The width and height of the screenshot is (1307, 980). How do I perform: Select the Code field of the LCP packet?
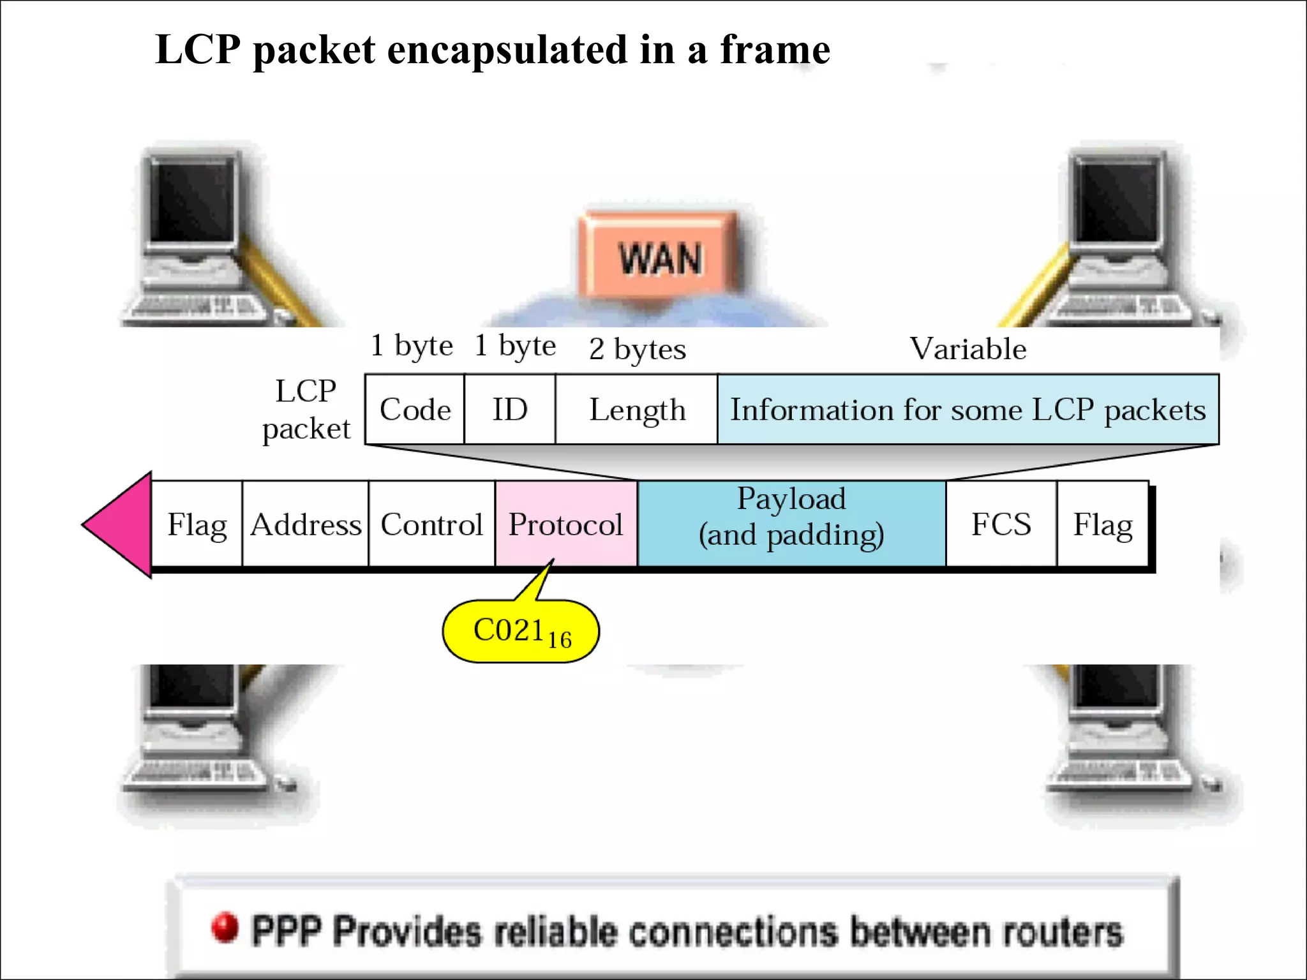415,410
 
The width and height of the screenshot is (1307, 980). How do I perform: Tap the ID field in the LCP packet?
510,410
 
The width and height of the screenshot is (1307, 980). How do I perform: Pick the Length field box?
637,410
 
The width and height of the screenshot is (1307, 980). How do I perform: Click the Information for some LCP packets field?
967,410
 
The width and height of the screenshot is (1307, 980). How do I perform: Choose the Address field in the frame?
306,524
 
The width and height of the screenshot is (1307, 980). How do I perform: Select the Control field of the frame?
431,524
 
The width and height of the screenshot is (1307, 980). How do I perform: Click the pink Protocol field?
566,524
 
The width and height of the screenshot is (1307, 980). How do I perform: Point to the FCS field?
1001,524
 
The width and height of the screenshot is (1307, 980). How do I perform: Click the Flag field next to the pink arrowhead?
197,524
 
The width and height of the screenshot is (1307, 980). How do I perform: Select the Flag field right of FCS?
1102,524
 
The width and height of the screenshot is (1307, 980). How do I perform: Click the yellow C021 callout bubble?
521,632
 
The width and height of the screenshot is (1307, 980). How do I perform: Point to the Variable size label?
967,349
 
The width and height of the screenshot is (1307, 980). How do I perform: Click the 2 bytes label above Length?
637,349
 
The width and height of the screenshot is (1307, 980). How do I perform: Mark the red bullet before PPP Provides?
225,928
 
